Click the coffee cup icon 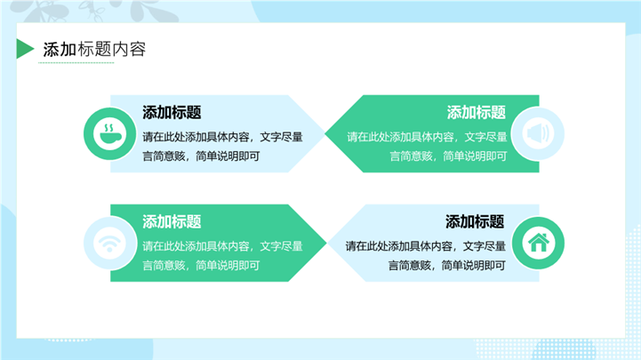tap(109, 134)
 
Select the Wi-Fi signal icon tap(109, 243)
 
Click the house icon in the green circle tap(538, 243)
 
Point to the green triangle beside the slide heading tap(24, 50)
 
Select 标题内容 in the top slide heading tap(112, 50)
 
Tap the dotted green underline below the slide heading tap(77, 63)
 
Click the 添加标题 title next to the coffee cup tap(172, 113)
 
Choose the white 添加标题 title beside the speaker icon tap(476, 113)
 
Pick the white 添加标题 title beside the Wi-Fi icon tap(172, 222)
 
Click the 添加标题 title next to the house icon tap(475, 222)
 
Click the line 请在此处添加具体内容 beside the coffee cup tap(222, 137)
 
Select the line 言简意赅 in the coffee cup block tap(201, 156)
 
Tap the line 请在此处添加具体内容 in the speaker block tap(427, 137)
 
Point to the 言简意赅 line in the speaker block tap(448, 156)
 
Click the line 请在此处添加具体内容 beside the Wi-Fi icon tap(222, 246)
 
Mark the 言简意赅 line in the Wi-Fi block tap(201, 265)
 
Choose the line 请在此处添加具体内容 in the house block tap(426, 246)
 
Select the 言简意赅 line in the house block tap(447, 265)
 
